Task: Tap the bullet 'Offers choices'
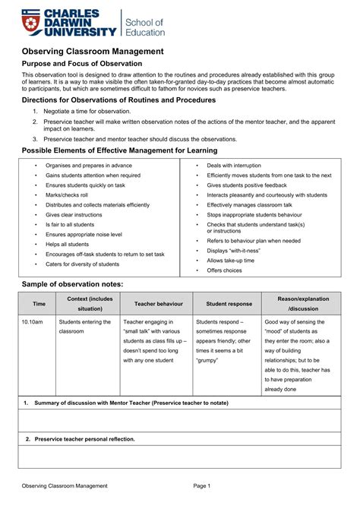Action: point(224,270)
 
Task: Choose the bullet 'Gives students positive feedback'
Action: point(247,185)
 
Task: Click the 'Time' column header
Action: point(39,304)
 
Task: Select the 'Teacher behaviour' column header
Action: point(158,304)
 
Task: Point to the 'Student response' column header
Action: point(229,304)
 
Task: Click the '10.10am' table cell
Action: point(32,321)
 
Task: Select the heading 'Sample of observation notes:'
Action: point(71,283)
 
